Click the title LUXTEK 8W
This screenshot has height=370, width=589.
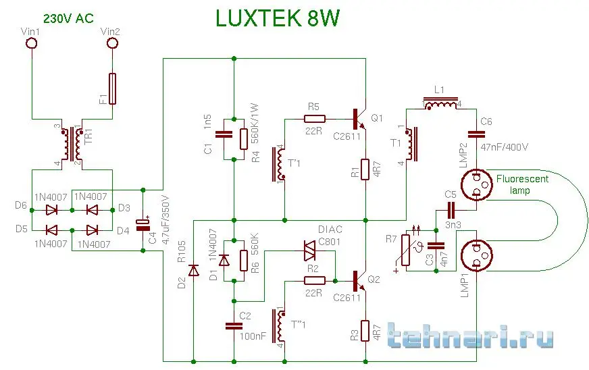pyautogui.click(x=278, y=19)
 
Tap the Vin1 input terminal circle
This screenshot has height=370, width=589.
pyautogui.click(x=31, y=44)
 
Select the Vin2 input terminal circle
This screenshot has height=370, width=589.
pyautogui.click(x=112, y=44)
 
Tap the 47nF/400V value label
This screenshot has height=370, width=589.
pyautogui.click(x=505, y=147)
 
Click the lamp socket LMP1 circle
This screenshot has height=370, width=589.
pyautogui.click(x=477, y=257)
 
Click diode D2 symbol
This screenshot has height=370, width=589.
pyautogui.click(x=193, y=271)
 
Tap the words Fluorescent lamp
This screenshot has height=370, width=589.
pyautogui.click(x=522, y=184)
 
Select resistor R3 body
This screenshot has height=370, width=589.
pyautogui.click(x=365, y=330)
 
